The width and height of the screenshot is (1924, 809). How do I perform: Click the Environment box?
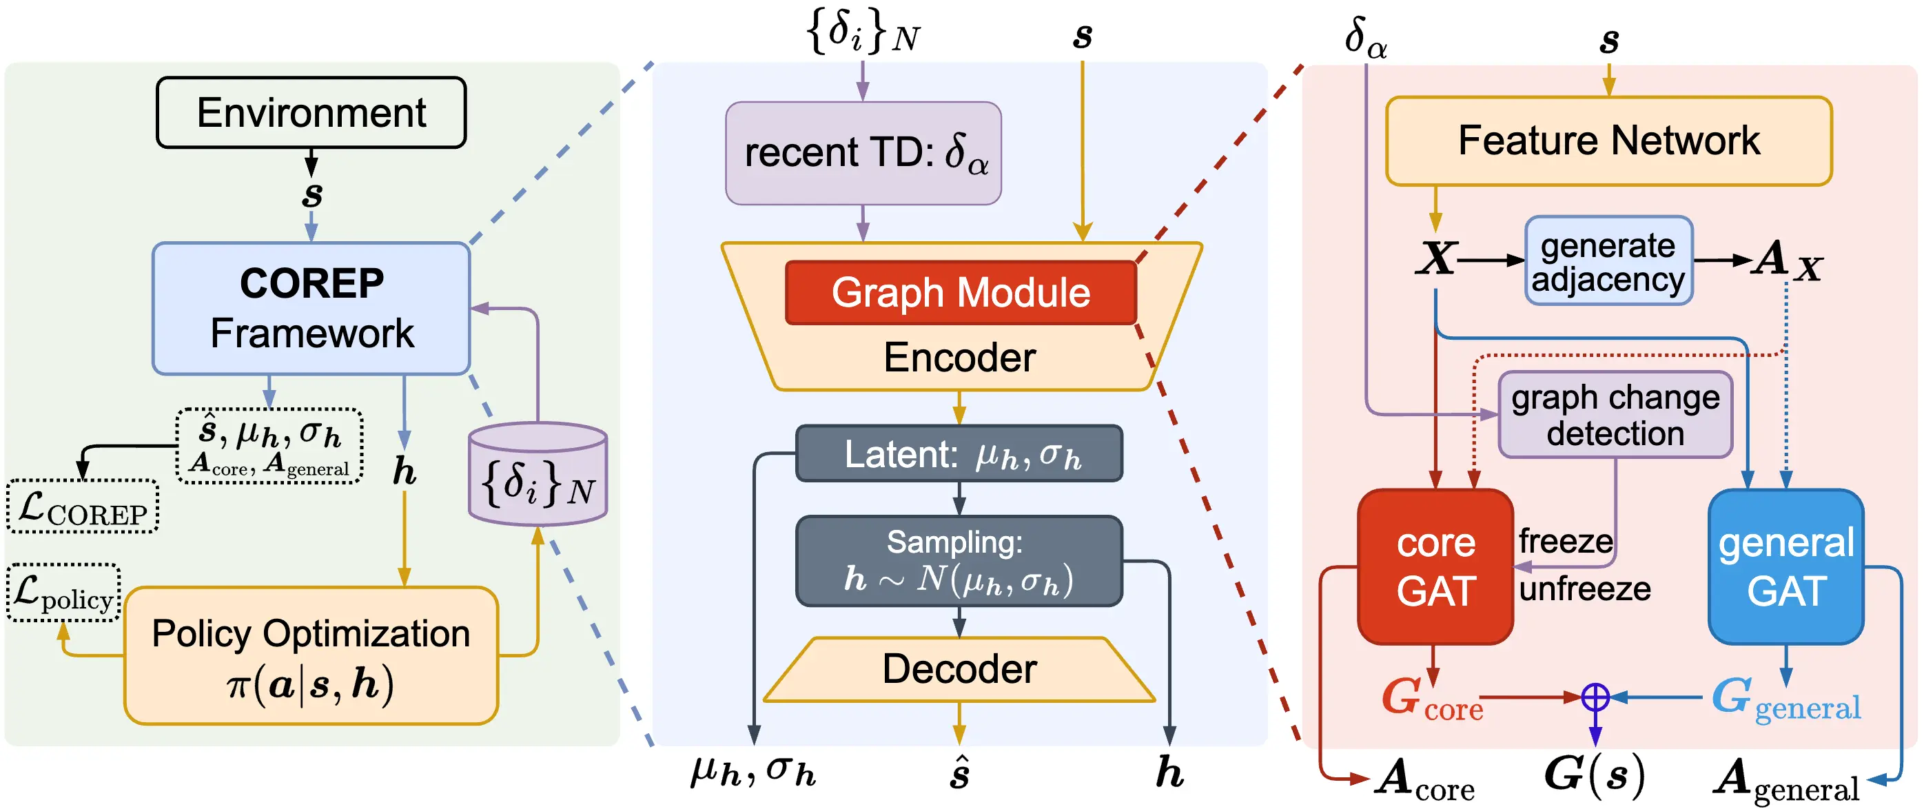tap(311, 113)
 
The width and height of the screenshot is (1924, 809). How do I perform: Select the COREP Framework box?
tap(311, 308)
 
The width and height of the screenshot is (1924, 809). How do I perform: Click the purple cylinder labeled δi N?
tap(538, 478)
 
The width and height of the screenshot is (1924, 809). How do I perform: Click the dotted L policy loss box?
tap(63, 593)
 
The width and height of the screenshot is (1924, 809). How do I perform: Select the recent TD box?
tap(863, 153)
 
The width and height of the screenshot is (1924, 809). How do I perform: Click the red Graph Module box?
tap(961, 293)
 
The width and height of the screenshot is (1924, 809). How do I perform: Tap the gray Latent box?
tap(959, 454)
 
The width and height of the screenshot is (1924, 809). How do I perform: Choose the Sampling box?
tap(959, 561)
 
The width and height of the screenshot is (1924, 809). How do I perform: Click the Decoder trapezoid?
tap(959, 669)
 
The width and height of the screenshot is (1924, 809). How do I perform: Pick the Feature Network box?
tap(1608, 141)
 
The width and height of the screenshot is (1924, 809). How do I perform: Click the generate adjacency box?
tap(1608, 261)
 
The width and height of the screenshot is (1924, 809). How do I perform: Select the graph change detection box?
tap(1615, 416)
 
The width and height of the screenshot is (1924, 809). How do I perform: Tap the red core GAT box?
tap(1435, 567)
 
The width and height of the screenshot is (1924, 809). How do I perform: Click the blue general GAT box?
tap(1785, 567)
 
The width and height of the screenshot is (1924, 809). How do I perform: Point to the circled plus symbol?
tap(1595, 697)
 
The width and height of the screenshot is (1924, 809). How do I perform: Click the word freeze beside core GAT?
tap(1565, 541)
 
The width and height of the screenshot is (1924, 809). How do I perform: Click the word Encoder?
tap(959, 358)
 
